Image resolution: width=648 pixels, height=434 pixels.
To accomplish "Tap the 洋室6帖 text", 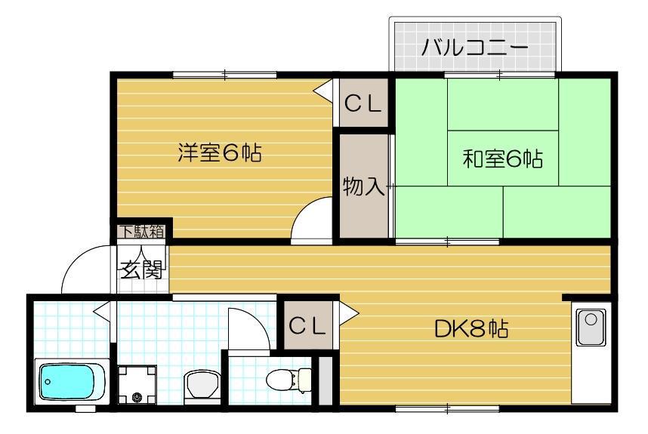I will (x=220, y=153).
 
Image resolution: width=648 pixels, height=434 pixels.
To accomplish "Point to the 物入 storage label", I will (x=363, y=186).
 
